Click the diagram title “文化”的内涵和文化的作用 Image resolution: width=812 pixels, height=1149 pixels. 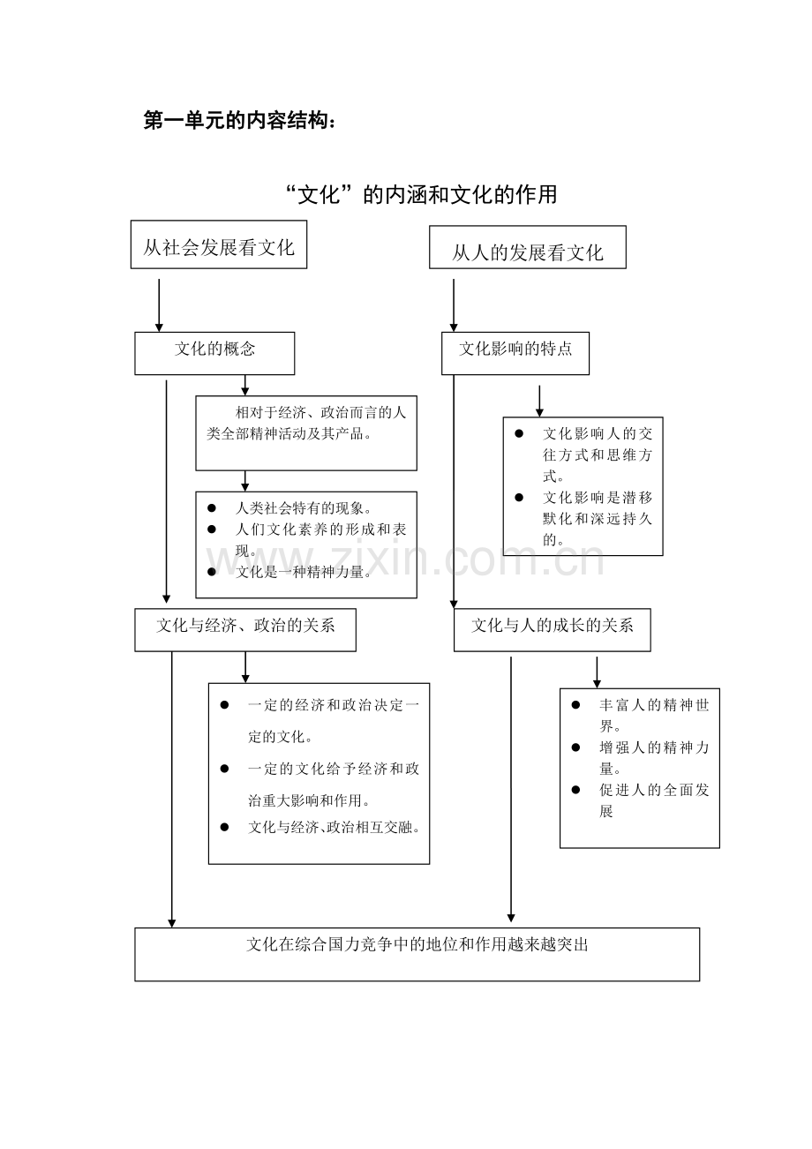coord(422,195)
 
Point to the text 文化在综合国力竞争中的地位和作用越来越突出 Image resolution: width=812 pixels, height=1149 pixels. coord(417,945)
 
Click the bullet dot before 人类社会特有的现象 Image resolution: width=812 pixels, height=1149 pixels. coord(211,508)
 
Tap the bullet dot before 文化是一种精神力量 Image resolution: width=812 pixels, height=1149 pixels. coord(211,572)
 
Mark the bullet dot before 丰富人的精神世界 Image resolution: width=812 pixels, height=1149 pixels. coord(575,705)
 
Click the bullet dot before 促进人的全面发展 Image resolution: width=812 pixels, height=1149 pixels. coord(575,790)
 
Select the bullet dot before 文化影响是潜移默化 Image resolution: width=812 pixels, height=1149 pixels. coord(519,498)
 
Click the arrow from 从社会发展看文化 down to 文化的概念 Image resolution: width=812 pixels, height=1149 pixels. coord(159,305)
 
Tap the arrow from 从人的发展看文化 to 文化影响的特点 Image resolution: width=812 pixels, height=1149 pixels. coord(454,305)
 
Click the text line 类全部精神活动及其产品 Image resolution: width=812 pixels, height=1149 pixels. coord(289,434)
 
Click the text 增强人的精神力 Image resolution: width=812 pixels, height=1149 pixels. coord(654,747)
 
